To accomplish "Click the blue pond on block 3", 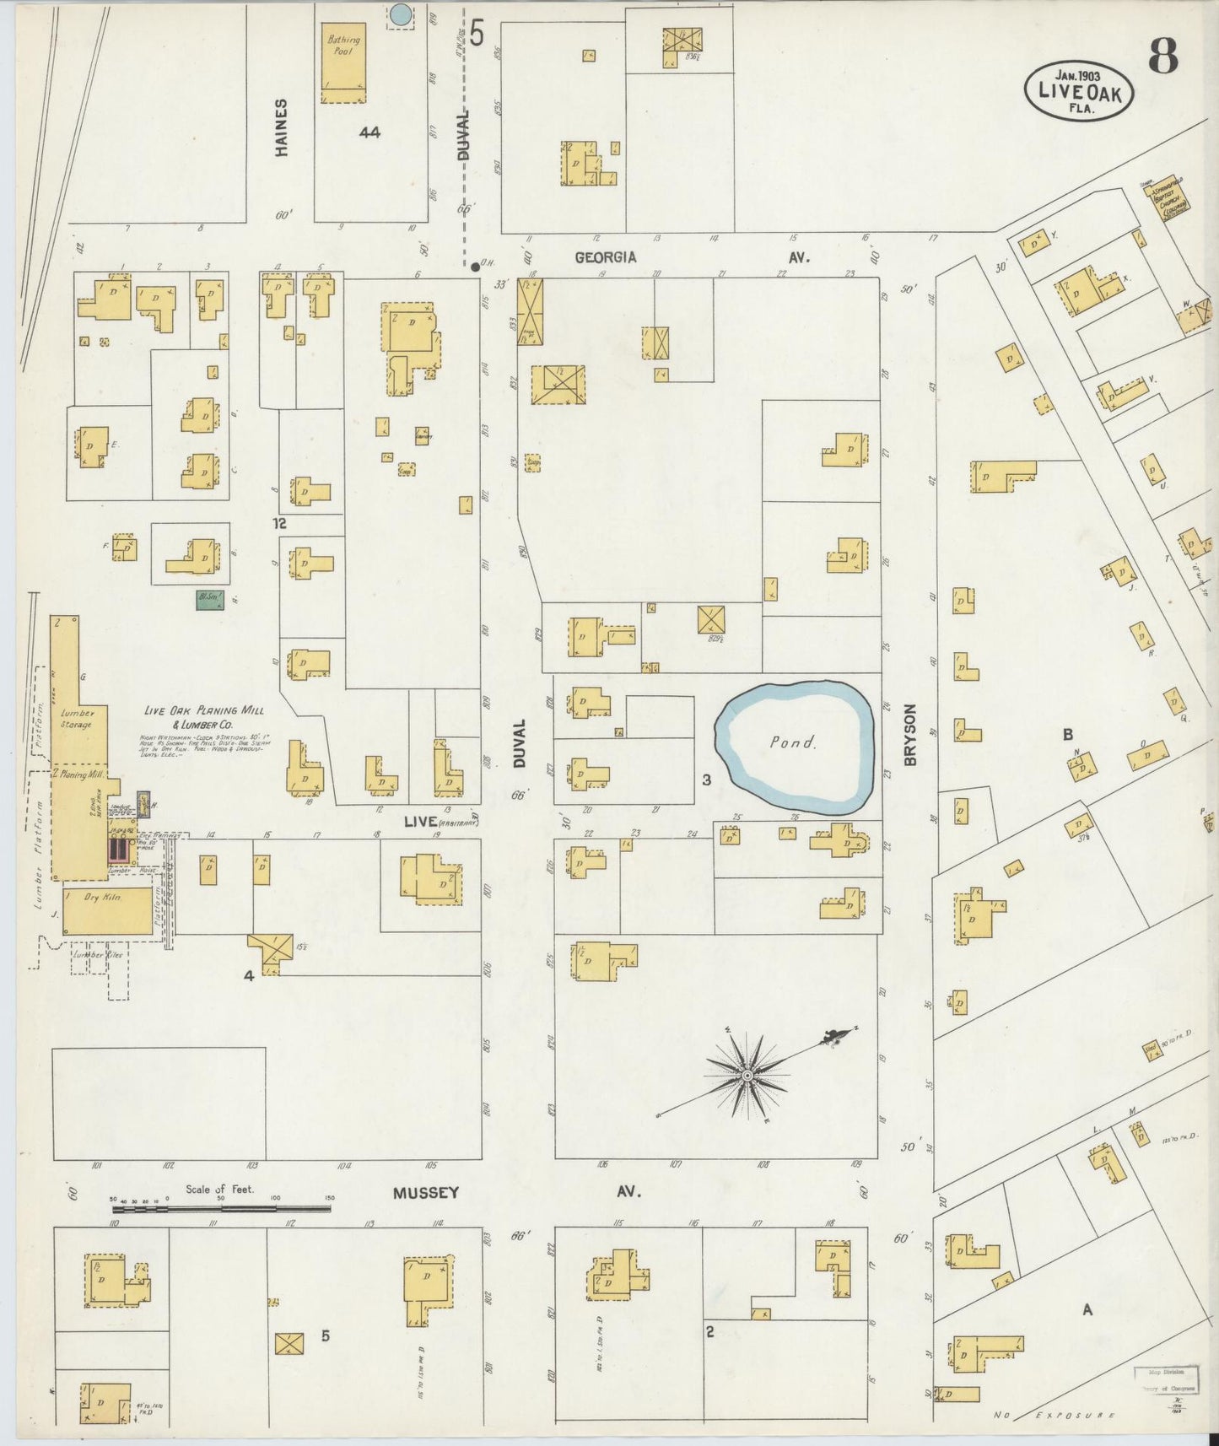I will click(793, 743).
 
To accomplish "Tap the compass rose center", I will click(747, 1076).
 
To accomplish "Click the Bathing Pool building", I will click(343, 62).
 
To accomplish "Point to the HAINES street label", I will click(282, 127).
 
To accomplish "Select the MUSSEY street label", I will click(426, 1193).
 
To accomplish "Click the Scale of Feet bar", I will click(219, 1208).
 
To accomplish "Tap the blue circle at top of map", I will click(402, 13).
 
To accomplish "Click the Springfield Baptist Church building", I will click(1166, 202).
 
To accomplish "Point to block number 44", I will click(369, 132).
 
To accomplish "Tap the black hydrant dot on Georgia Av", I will click(476, 267).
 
